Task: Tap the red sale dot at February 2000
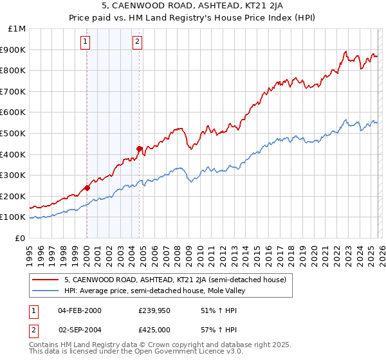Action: pyautogui.click(x=87, y=188)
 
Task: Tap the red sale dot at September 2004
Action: pyautogui.click(x=139, y=148)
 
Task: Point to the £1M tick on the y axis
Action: pyautogui.click(x=17, y=29)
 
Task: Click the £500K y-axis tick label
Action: pyautogui.click(x=14, y=133)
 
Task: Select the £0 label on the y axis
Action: pyautogui.click(x=21, y=238)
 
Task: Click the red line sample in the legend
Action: pyautogui.click(x=46, y=280)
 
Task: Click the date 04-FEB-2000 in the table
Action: pyautogui.click(x=80, y=310)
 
